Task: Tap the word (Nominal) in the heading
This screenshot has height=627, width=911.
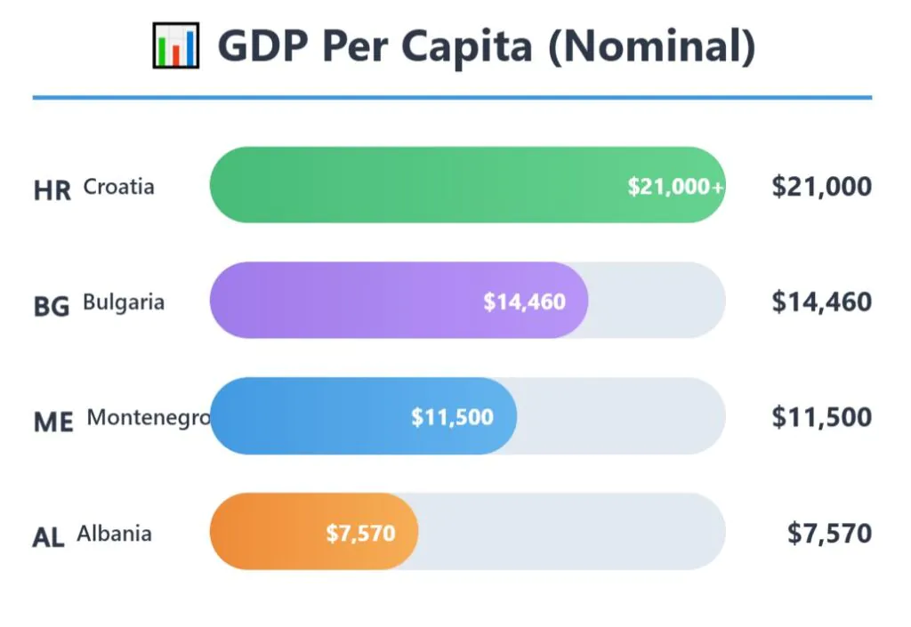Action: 651,46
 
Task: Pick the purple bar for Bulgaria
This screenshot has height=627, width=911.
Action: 356,301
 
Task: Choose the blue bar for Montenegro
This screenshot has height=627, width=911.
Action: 311,416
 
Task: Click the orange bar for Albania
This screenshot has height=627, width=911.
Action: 267,532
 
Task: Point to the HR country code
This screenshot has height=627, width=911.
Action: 52,190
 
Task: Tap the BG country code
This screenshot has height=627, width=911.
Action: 52,306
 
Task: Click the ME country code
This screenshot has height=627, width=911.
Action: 53,422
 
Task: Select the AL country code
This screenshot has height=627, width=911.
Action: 49,537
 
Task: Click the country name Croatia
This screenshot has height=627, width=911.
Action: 118,187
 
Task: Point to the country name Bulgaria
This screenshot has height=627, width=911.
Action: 124,302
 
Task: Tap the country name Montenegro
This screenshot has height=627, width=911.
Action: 149,418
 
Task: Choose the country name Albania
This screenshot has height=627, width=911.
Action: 114,534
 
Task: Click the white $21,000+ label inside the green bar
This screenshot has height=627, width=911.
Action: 675,187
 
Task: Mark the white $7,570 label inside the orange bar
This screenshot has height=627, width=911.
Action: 360,534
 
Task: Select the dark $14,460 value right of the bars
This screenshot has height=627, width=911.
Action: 821,301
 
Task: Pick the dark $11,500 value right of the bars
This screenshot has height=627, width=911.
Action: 821,417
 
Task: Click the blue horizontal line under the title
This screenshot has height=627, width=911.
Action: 452,97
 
